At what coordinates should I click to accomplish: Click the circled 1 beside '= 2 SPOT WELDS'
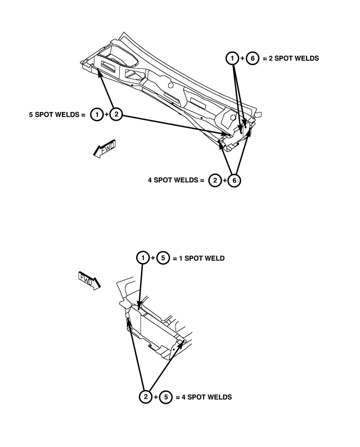coord(232,58)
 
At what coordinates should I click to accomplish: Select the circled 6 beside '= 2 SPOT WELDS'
coord(253,59)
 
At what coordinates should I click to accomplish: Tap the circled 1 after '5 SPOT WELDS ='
coord(97,115)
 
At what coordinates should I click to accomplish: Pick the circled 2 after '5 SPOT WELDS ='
coord(116,114)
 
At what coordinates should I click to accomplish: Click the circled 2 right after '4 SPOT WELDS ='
coord(215,180)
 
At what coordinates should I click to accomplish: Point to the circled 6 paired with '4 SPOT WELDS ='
coord(234,180)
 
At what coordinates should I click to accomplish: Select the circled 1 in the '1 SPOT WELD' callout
coord(143,258)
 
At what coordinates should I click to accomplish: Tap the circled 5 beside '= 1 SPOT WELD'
coord(163,258)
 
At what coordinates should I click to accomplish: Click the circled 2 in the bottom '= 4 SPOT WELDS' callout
coord(146,396)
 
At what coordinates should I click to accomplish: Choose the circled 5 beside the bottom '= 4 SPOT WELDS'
coord(166,397)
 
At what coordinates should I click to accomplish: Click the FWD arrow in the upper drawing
coord(105,149)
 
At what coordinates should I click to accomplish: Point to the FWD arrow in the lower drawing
coord(89,281)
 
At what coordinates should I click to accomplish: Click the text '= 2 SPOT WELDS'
coord(291,59)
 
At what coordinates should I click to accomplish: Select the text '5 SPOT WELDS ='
coord(57,115)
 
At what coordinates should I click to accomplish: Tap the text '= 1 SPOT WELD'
coord(199,258)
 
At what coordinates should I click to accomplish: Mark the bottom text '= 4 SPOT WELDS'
coord(204,397)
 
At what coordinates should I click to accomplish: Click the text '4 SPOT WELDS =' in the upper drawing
coord(176,180)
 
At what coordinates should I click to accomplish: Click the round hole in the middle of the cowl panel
coord(171,85)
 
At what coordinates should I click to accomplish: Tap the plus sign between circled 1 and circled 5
coord(153,258)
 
